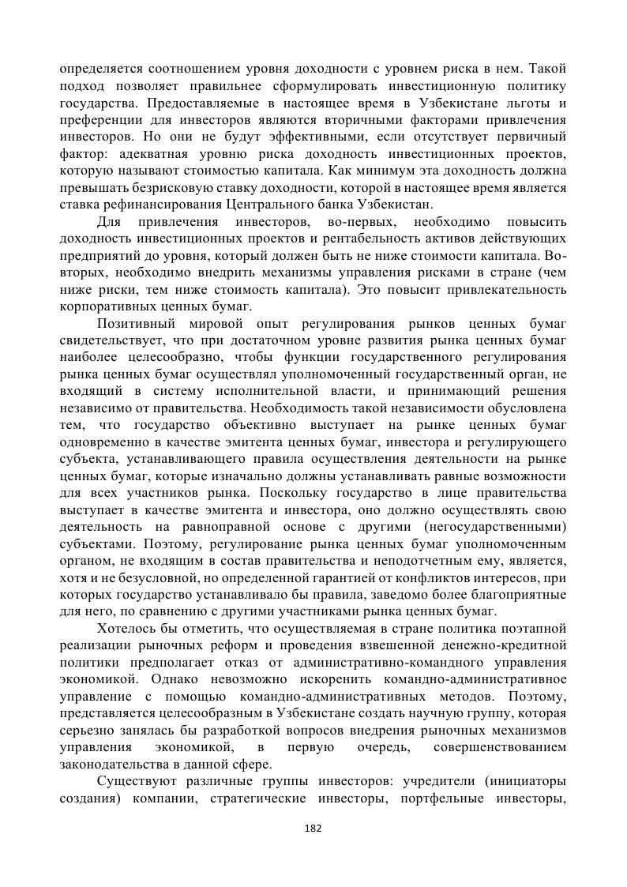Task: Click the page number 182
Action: click(x=313, y=829)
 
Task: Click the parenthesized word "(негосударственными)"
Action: click(x=495, y=528)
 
